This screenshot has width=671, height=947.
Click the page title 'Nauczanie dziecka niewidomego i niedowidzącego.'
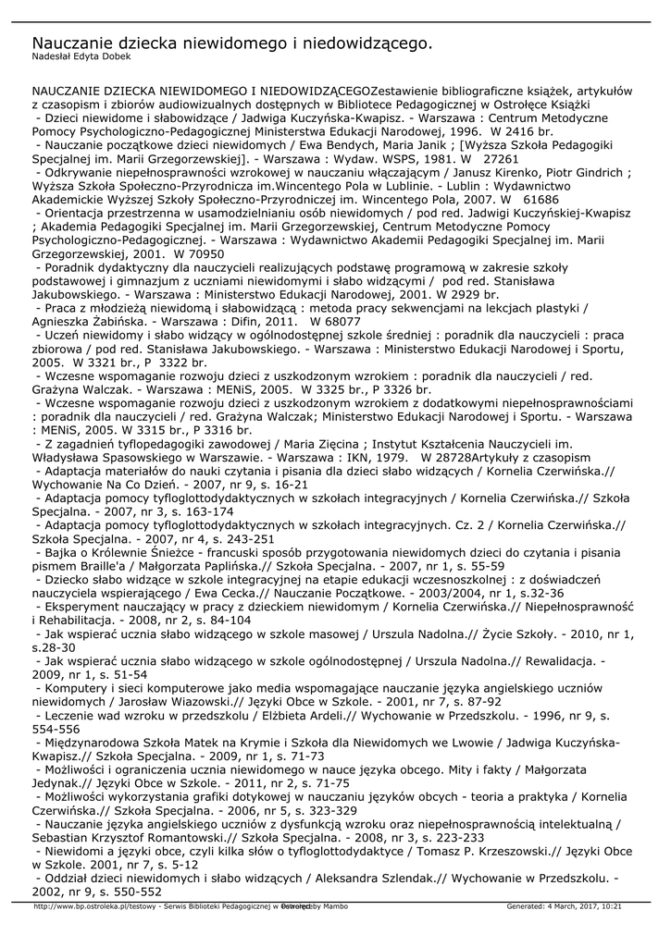click(x=232, y=43)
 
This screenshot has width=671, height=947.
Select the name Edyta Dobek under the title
click(x=106, y=57)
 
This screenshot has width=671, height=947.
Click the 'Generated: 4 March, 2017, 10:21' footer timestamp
click(x=564, y=905)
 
